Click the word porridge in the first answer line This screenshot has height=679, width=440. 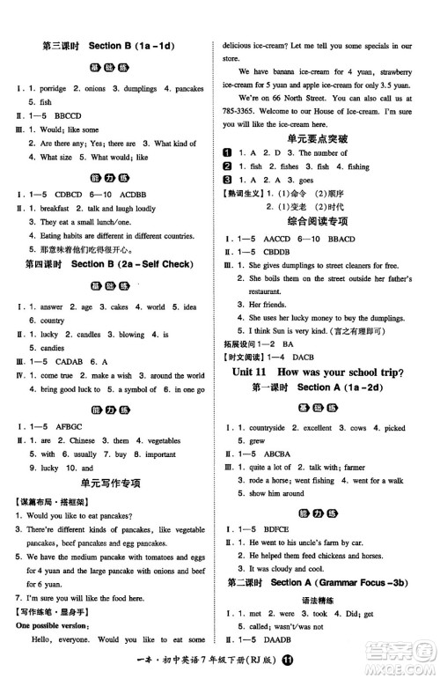[50, 89]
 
